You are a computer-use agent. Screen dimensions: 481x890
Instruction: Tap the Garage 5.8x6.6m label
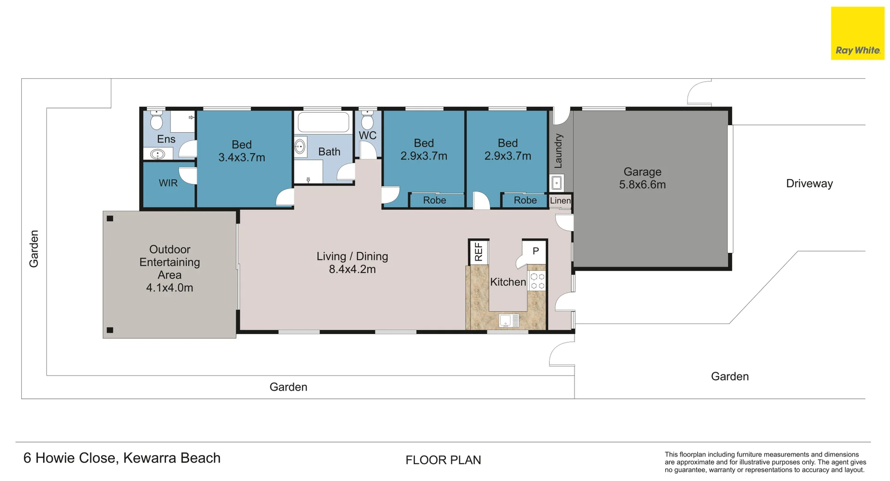(x=642, y=178)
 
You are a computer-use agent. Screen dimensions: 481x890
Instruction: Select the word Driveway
(x=809, y=184)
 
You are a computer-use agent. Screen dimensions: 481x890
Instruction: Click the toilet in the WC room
(x=367, y=120)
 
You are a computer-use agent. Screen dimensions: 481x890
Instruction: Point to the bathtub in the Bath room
(x=323, y=122)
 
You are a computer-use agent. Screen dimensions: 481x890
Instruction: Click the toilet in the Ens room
(x=157, y=120)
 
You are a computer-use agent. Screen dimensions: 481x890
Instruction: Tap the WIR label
(x=168, y=183)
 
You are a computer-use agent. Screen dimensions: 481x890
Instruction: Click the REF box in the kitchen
(x=478, y=252)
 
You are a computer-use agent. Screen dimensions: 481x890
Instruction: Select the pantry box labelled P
(x=535, y=251)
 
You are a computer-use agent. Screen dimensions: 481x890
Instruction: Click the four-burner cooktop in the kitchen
(x=537, y=281)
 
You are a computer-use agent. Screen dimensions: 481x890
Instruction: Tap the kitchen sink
(x=509, y=321)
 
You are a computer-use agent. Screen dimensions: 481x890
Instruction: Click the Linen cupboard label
(x=560, y=201)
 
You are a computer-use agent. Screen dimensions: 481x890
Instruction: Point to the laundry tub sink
(x=557, y=183)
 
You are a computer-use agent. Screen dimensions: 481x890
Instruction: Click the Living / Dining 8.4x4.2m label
(x=352, y=263)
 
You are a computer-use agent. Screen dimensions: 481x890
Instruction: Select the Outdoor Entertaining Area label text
(x=170, y=268)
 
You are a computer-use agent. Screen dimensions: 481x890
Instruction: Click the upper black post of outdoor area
(x=110, y=218)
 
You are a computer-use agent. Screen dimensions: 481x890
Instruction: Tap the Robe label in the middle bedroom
(x=434, y=200)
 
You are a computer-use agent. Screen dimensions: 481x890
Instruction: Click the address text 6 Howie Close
(x=70, y=458)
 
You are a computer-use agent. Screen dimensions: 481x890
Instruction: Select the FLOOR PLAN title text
(x=443, y=460)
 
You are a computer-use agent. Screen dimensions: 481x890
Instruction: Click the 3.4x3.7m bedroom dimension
(x=242, y=158)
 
